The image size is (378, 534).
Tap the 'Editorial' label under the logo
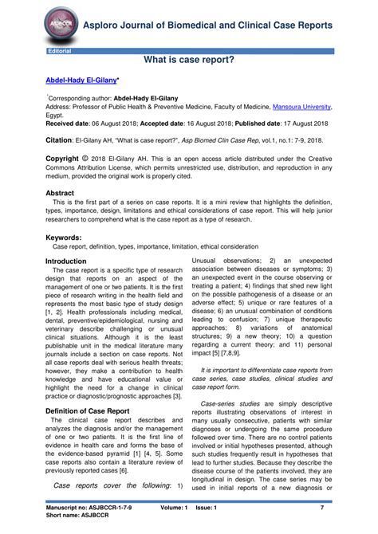60,51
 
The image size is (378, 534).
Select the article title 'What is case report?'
189,61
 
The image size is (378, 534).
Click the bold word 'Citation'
60,139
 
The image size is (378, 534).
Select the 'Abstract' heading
60,194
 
